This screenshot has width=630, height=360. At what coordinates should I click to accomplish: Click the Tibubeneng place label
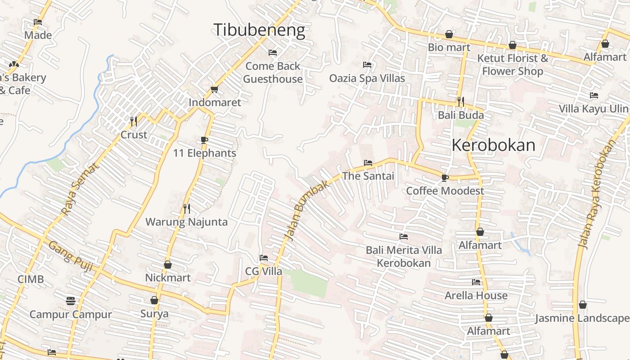pyautogui.click(x=259, y=30)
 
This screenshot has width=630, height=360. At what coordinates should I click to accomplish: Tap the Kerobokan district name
pyautogui.click(x=493, y=145)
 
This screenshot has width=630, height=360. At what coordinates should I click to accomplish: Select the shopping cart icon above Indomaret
pyautogui.click(x=214, y=90)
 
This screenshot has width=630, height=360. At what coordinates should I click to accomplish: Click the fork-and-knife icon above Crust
pyautogui.click(x=134, y=121)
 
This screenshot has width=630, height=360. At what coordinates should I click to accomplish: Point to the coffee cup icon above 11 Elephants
pyautogui.click(x=204, y=140)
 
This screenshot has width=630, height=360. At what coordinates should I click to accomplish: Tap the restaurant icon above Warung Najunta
pyautogui.click(x=187, y=208)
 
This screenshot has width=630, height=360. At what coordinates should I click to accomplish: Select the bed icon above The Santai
pyautogui.click(x=368, y=163)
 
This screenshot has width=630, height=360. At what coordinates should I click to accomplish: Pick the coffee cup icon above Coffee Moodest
pyautogui.click(x=445, y=178)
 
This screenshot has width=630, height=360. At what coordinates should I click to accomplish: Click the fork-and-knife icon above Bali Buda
pyautogui.click(x=460, y=102)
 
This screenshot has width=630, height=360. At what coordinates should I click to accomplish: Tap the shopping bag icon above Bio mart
pyautogui.click(x=449, y=34)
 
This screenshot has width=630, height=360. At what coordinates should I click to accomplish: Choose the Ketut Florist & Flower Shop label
pyautogui.click(x=513, y=65)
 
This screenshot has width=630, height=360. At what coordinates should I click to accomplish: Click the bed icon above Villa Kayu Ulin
pyautogui.click(x=594, y=95)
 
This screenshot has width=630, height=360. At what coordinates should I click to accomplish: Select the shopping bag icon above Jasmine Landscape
pyautogui.click(x=582, y=305)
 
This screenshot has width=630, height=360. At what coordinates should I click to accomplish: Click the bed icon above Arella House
pyautogui.click(x=476, y=283)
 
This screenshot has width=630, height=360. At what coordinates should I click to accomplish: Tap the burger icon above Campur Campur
pyautogui.click(x=71, y=301)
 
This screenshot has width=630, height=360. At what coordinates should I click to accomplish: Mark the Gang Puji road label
pyautogui.click(x=71, y=256)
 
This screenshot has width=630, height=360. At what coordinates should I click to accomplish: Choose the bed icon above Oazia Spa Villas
pyautogui.click(x=367, y=65)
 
